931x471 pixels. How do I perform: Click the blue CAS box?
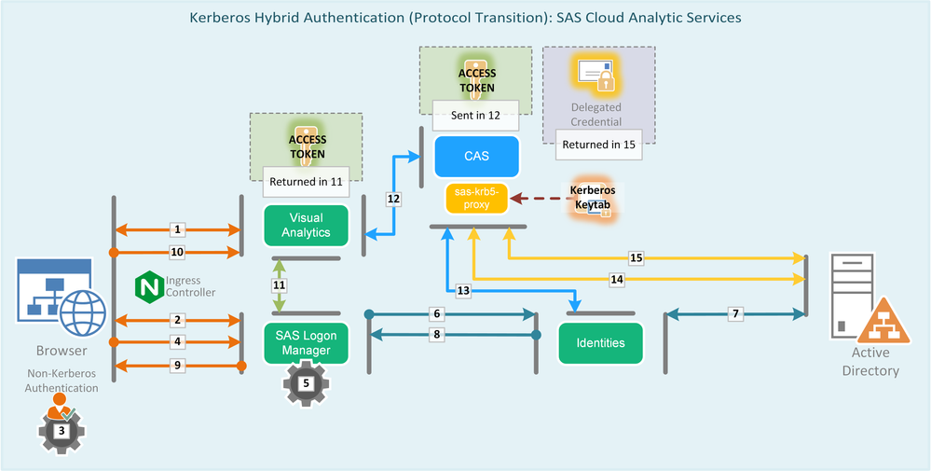point(476,156)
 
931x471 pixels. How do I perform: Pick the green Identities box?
point(600,342)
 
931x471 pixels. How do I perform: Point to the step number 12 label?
point(393,198)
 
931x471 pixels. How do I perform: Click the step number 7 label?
point(736,313)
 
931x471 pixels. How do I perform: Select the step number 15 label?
point(637,257)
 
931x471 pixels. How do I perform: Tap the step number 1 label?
point(179,229)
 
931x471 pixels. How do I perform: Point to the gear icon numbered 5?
point(307,381)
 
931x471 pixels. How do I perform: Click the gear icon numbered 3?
point(61,432)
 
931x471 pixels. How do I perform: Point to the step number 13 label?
point(463,291)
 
